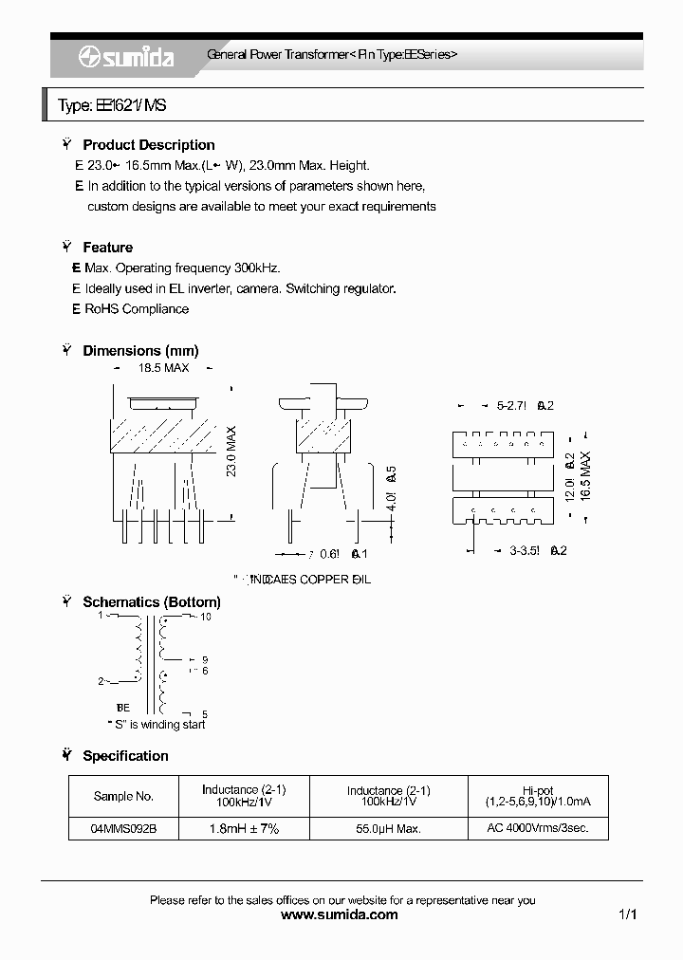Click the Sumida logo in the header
pyautogui.click(x=126, y=57)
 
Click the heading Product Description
pyautogui.click(x=148, y=145)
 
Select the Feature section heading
pyautogui.click(x=107, y=248)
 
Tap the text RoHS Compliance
pyautogui.click(x=137, y=309)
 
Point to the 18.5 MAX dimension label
pyautogui.click(x=163, y=367)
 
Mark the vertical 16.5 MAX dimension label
pyautogui.click(x=585, y=471)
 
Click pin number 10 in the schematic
pyautogui.click(x=205, y=617)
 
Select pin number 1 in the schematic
pyautogui.click(x=101, y=615)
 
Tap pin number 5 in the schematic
pyautogui.click(x=205, y=714)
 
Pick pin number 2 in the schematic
pyautogui.click(x=101, y=681)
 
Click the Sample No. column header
pyautogui.click(x=123, y=797)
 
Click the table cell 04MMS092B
pyautogui.click(x=123, y=828)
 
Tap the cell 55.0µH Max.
pyautogui.click(x=388, y=828)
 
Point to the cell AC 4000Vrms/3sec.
pyautogui.click(x=538, y=828)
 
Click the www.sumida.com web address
pyautogui.click(x=341, y=915)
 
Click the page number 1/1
pyautogui.click(x=627, y=915)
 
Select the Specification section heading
pyautogui.click(x=125, y=756)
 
